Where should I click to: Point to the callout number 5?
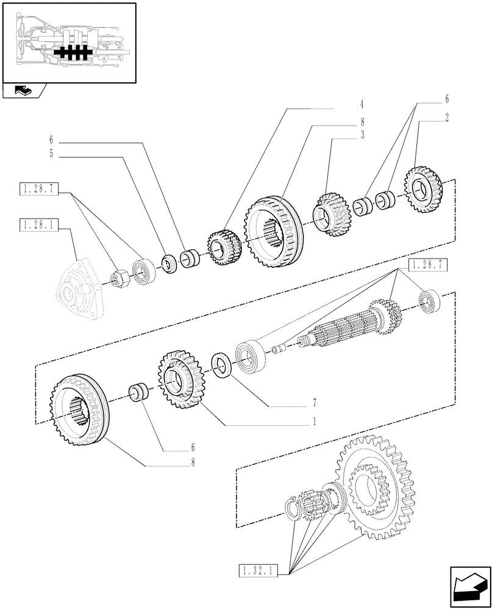point(51,154)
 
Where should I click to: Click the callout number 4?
point(361,104)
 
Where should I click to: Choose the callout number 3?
point(362,135)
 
